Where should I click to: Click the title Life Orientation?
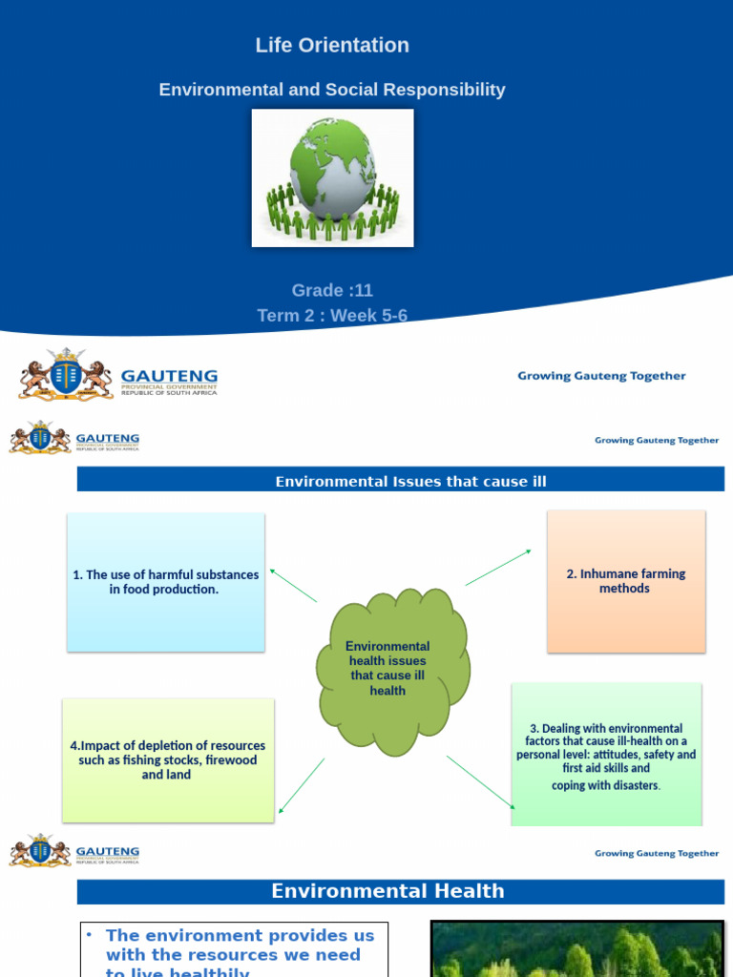click(x=332, y=45)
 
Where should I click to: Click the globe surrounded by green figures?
click(x=332, y=177)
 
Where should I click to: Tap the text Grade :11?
click(x=332, y=290)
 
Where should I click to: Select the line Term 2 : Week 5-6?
click(x=332, y=315)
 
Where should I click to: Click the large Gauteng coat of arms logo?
click(x=66, y=374)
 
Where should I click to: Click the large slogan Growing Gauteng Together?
click(x=601, y=376)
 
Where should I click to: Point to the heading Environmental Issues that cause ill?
click(x=410, y=482)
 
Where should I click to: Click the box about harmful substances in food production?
click(x=165, y=582)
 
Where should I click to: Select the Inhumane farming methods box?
click(x=625, y=581)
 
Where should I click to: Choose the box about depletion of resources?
click(x=168, y=760)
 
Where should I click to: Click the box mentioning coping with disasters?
click(x=606, y=755)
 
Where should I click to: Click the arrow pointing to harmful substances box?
click(x=293, y=585)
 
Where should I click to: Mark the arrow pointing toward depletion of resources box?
click(x=301, y=786)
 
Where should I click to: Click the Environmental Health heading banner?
click(x=387, y=891)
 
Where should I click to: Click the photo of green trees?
click(x=576, y=948)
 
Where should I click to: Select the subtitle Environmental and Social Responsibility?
click(x=332, y=90)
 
